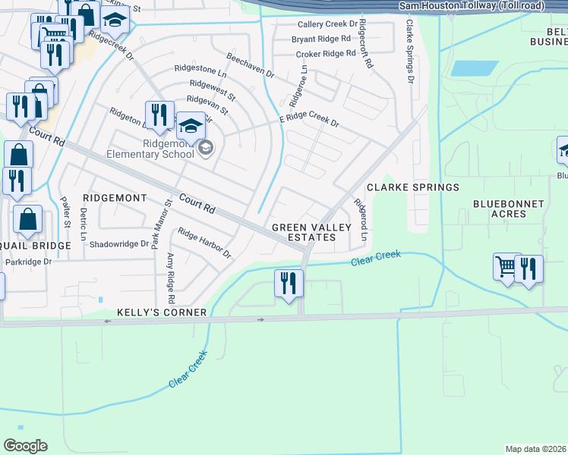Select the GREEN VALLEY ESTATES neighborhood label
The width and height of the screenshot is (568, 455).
coord(311,232)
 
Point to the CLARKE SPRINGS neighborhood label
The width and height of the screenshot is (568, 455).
coord(413,187)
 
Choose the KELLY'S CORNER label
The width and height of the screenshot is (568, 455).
coord(162,312)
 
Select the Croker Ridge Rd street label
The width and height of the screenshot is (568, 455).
coord(325,54)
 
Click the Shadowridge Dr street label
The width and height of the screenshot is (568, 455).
coord(119,244)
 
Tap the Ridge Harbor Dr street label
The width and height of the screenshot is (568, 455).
coord(204,243)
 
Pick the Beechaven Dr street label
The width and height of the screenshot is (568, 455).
coord(250,64)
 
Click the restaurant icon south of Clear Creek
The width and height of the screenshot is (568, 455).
coord(289,284)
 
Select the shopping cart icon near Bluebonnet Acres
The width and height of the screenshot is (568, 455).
coord(506,266)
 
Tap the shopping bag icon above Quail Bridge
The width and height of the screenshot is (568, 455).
coord(27,219)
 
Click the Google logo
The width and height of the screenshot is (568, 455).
coord(25,446)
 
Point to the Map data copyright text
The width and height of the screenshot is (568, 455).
coord(536,449)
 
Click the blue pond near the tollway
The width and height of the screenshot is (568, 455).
coord(475,67)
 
